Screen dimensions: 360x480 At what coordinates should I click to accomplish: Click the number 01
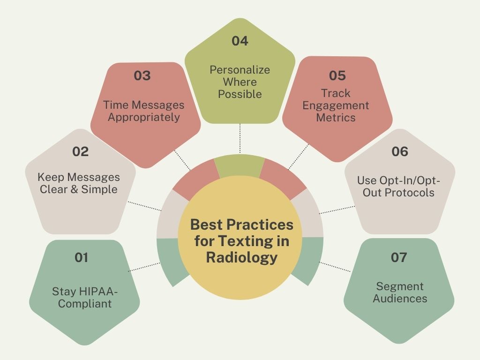click(82, 257)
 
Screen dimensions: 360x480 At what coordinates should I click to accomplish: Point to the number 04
click(240, 41)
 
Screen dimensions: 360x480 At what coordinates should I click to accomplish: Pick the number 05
click(337, 75)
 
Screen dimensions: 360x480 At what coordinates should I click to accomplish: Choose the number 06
click(399, 151)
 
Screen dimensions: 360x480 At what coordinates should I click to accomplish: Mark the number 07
click(399, 257)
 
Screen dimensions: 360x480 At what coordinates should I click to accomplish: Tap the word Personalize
click(240, 70)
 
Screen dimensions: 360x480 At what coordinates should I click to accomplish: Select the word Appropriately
click(144, 117)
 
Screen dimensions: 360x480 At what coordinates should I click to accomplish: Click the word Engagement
click(336, 105)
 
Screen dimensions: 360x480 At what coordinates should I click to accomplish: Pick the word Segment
click(400, 286)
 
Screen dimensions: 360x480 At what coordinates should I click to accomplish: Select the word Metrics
click(336, 118)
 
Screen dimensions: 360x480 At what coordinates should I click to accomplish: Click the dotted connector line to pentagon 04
click(240, 138)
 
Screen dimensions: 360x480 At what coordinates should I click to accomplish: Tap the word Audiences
click(400, 298)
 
